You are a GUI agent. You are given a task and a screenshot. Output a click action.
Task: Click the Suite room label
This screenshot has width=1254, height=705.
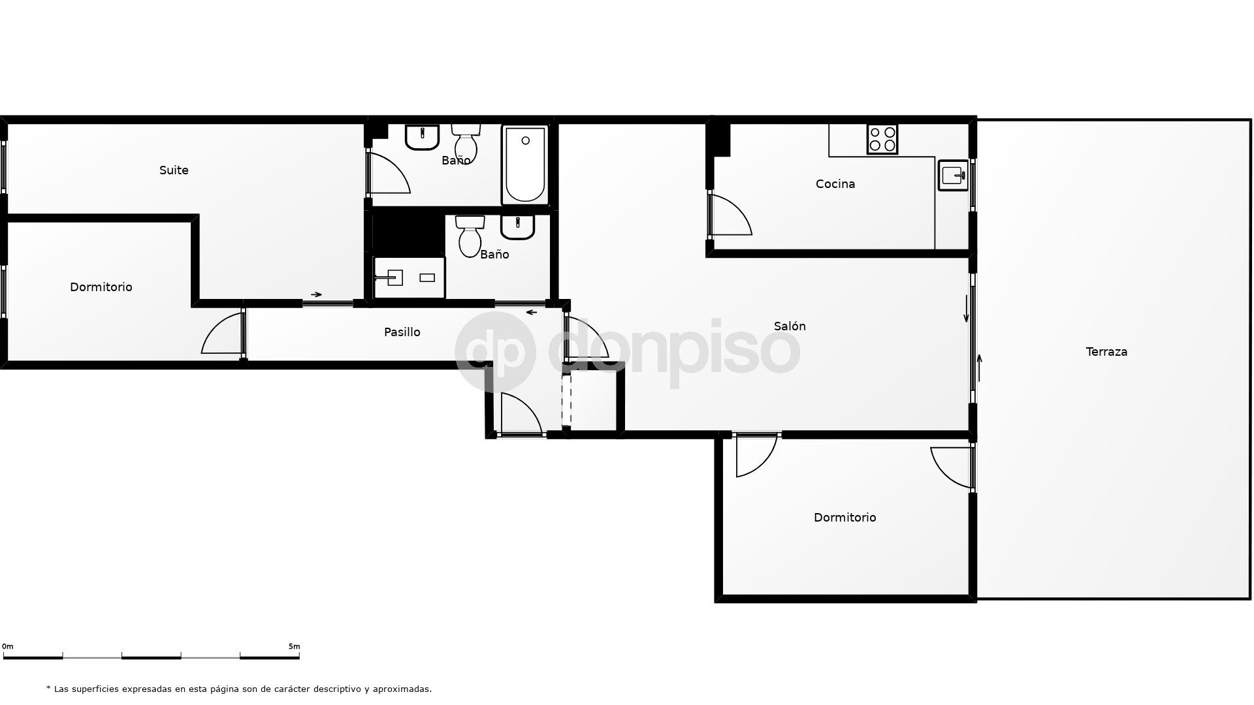coord(174,170)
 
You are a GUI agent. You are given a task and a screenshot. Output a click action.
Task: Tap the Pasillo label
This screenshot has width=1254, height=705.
coord(402,332)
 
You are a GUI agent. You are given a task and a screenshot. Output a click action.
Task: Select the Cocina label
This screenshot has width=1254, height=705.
coord(835,184)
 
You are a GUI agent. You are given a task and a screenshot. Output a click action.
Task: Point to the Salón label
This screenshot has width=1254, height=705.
coord(790,326)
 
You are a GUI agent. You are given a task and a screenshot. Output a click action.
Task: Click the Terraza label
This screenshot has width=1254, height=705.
coord(1106,352)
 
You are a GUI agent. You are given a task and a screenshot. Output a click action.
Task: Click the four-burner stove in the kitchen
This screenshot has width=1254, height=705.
coord(882,140)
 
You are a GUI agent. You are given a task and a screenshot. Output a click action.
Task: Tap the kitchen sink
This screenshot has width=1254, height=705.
coord(953,175)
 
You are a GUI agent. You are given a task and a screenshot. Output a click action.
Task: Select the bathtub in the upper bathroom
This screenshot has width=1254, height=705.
coord(525,165)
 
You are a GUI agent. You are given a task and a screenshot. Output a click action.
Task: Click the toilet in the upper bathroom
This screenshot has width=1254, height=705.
coord(466,142)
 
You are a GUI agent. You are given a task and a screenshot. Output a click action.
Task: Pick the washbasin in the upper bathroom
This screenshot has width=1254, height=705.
coord(422,137)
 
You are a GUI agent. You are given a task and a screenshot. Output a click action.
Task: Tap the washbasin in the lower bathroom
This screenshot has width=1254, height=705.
coord(518,227)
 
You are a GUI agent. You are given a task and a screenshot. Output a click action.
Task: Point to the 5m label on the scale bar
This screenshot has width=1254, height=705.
coord(294,647)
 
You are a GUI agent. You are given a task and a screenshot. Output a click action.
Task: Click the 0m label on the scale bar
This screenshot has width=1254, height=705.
coord(8,647)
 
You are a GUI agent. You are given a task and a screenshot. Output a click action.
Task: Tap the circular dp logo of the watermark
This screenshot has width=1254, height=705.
coord(495,352)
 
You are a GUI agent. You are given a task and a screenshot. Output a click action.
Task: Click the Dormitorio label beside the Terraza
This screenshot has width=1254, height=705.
coord(844,518)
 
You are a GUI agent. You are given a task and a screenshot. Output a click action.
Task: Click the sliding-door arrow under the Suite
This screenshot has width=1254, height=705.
coord(316,294)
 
